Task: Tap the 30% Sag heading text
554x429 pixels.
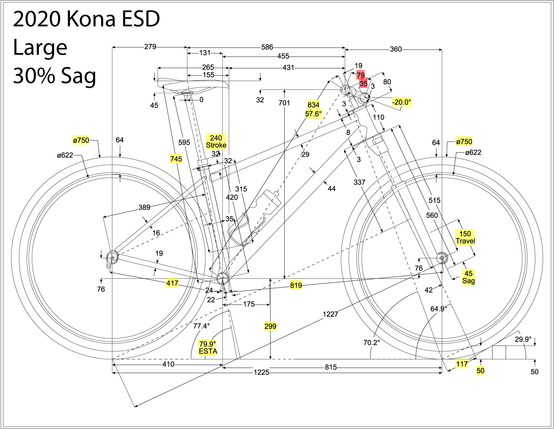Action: tap(54, 76)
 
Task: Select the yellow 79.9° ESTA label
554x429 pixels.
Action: tap(208, 348)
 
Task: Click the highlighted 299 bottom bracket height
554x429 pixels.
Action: tap(270, 326)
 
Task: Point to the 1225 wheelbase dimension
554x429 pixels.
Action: tap(261, 372)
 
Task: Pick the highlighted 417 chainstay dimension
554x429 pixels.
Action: tap(172, 283)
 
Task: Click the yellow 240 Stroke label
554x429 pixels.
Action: tap(216, 141)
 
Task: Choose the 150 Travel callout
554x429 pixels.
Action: tap(465, 237)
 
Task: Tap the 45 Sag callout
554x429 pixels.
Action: tap(468, 277)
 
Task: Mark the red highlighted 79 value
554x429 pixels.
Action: tap(360, 75)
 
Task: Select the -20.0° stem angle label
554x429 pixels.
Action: tap(401, 102)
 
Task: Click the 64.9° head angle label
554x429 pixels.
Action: tap(438, 309)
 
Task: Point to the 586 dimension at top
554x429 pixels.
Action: tap(267, 47)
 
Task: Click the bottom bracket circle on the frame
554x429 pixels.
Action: tap(222, 278)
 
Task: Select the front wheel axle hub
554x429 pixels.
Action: tap(442, 258)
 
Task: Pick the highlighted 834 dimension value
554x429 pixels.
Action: tap(313, 105)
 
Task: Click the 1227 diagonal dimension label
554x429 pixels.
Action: tap(330, 314)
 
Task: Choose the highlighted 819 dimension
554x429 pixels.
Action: tap(296, 285)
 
